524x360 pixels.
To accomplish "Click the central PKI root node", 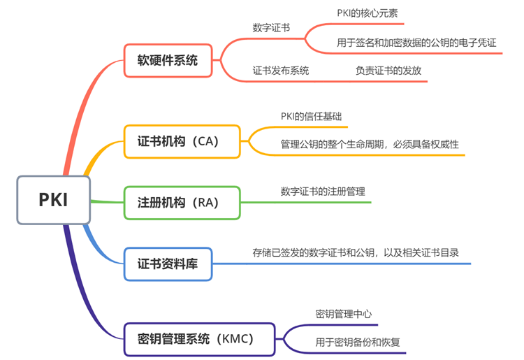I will (x=54, y=199).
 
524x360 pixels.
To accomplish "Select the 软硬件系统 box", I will (x=168, y=60).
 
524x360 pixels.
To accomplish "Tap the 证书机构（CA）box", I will (x=182, y=141).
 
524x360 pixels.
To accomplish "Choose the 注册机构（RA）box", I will (x=182, y=203).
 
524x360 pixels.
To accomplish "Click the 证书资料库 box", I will (x=168, y=264).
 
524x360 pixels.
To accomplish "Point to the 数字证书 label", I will (x=271, y=28).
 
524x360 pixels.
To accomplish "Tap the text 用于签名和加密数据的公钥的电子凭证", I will (x=416, y=43).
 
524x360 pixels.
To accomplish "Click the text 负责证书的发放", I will (x=388, y=71).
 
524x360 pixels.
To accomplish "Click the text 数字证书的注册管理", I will (x=323, y=191).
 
